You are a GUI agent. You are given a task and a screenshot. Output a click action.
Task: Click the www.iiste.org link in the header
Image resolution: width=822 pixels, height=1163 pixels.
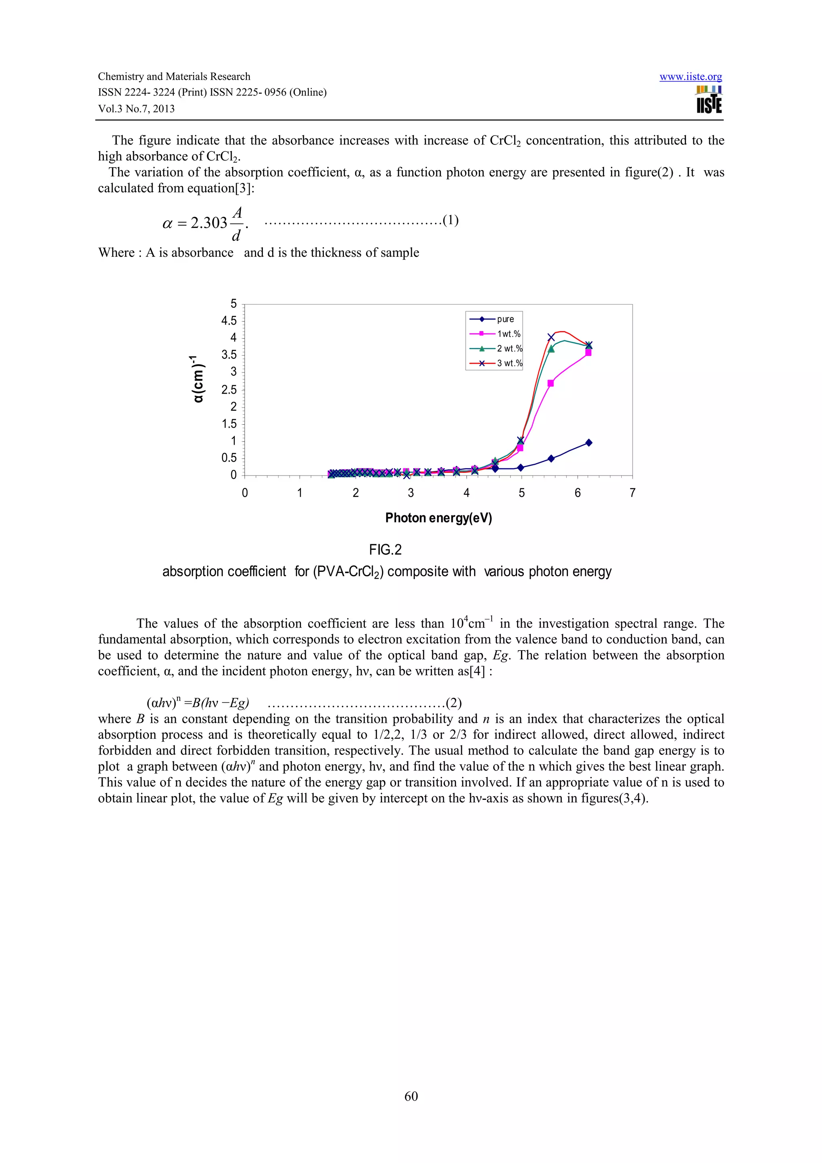point(690,77)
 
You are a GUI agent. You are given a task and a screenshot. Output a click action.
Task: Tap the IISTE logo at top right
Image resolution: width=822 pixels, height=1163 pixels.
point(709,99)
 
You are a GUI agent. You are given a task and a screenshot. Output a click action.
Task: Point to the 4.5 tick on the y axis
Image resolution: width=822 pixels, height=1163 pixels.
point(229,321)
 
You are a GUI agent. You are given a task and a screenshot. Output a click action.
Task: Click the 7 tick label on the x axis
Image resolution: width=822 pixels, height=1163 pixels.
point(632,493)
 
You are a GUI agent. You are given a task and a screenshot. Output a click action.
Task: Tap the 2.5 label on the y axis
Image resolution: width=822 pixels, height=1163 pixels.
point(229,390)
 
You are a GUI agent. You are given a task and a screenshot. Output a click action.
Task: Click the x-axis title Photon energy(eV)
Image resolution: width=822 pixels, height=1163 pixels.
point(439,518)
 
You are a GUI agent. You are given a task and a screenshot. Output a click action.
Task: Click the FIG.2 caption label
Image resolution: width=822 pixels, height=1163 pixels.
point(385,549)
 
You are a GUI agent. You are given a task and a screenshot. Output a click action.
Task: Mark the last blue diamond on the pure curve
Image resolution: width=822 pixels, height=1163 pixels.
point(588,443)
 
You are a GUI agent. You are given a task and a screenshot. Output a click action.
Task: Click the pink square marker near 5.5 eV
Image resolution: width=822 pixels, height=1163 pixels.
point(551,383)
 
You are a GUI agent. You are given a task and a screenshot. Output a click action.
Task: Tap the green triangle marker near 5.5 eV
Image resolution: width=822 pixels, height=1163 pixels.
point(551,349)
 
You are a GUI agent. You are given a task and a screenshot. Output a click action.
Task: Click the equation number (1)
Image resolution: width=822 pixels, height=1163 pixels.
point(451,220)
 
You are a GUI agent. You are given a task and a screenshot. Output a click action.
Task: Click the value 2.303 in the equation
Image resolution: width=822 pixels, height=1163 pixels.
point(209,223)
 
